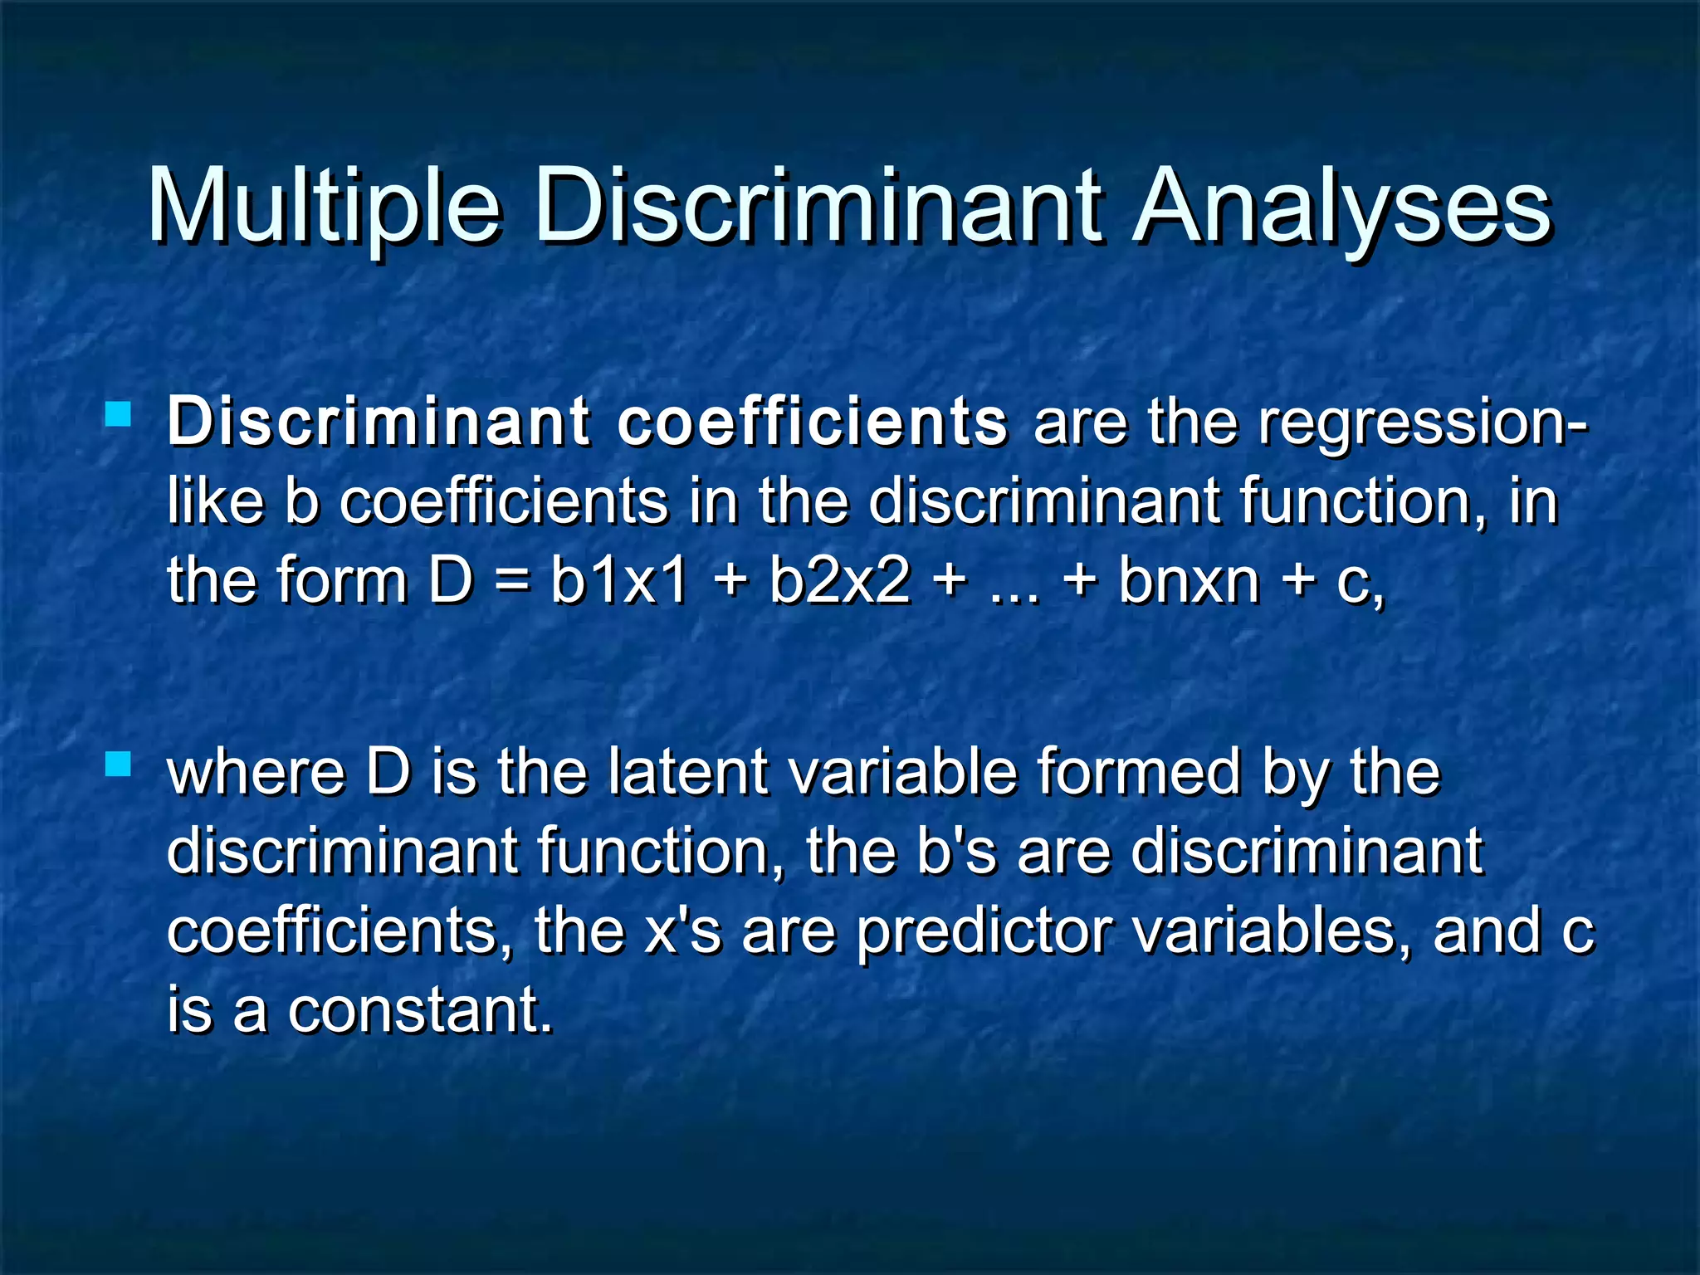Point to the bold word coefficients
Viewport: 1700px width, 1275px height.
coord(812,422)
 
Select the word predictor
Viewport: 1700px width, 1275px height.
coord(984,931)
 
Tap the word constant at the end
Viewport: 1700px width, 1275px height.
coord(419,1010)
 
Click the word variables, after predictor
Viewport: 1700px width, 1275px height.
coord(1270,931)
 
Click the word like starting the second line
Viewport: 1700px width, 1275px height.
coord(215,501)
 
